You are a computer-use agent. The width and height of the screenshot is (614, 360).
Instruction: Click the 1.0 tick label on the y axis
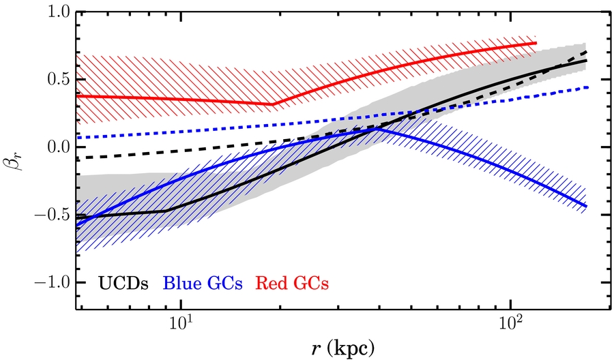(x=59, y=12)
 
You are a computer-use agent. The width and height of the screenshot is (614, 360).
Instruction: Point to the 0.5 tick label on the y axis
(x=59, y=80)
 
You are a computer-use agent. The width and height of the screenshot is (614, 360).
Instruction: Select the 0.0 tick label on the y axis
(x=59, y=147)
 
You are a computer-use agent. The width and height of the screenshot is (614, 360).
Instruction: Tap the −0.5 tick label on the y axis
(x=52, y=215)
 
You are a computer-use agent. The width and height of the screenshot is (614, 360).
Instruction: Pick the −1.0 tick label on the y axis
(x=52, y=282)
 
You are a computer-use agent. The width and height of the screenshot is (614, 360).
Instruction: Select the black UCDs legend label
(x=123, y=284)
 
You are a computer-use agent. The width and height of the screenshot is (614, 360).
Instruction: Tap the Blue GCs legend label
(x=203, y=284)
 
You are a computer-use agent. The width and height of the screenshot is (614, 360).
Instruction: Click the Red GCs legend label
(x=292, y=284)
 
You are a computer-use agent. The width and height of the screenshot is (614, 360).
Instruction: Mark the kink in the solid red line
(x=272, y=104)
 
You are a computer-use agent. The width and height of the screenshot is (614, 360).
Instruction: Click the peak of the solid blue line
(x=377, y=128)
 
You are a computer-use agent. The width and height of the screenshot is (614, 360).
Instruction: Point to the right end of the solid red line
(x=536, y=43)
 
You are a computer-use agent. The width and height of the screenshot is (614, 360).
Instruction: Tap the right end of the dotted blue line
(x=588, y=87)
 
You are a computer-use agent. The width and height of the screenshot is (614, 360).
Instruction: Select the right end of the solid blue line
(x=586, y=206)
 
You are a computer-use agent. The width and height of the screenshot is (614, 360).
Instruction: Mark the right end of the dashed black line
(x=586, y=52)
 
